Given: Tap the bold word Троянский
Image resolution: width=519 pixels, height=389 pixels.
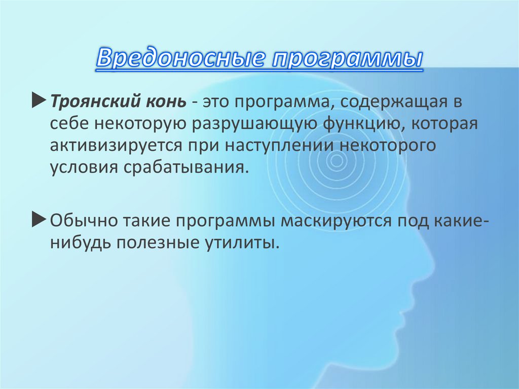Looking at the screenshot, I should pos(92,102).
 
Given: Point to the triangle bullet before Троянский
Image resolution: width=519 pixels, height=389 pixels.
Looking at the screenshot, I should pos(40,101).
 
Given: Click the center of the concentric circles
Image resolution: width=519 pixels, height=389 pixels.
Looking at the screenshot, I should pos(335,161).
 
